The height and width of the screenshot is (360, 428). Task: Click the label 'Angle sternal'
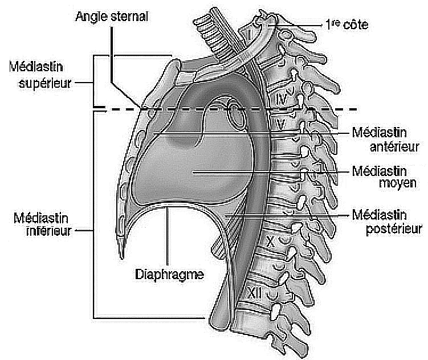coord(112,17)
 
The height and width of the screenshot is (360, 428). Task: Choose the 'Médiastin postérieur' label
coord(387,222)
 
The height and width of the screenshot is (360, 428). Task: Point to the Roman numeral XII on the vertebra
coord(255,293)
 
